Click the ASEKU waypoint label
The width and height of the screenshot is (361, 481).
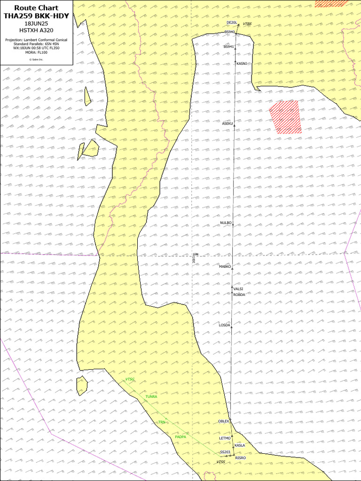pos(228,124)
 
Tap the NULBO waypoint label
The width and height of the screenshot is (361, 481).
pos(226,223)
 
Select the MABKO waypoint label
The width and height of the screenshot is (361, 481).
pos(225,266)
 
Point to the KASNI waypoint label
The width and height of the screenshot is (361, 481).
pos(242,63)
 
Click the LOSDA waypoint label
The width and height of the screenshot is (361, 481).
pos(225,325)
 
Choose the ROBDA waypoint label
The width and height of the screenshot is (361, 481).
pos(239,295)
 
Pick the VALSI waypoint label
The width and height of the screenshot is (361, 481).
pos(238,289)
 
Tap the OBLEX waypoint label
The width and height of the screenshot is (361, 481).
pos(224,421)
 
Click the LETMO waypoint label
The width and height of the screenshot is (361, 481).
pos(225,438)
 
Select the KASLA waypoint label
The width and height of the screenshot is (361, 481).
pos(240,445)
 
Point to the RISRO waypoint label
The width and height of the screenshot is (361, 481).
pos(240,458)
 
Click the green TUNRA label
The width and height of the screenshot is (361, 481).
pos(151,397)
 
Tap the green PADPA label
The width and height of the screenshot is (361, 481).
pos(180,437)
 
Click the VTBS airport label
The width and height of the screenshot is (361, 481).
pos(247,23)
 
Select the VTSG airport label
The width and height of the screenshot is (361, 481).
pos(130,379)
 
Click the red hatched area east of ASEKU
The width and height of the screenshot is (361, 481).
pos(285,117)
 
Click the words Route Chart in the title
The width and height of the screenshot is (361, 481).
pos(36,8)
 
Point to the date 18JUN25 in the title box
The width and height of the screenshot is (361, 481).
pos(36,23)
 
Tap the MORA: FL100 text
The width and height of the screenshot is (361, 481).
pos(36,53)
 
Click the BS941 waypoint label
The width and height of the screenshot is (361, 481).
pos(228,47)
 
